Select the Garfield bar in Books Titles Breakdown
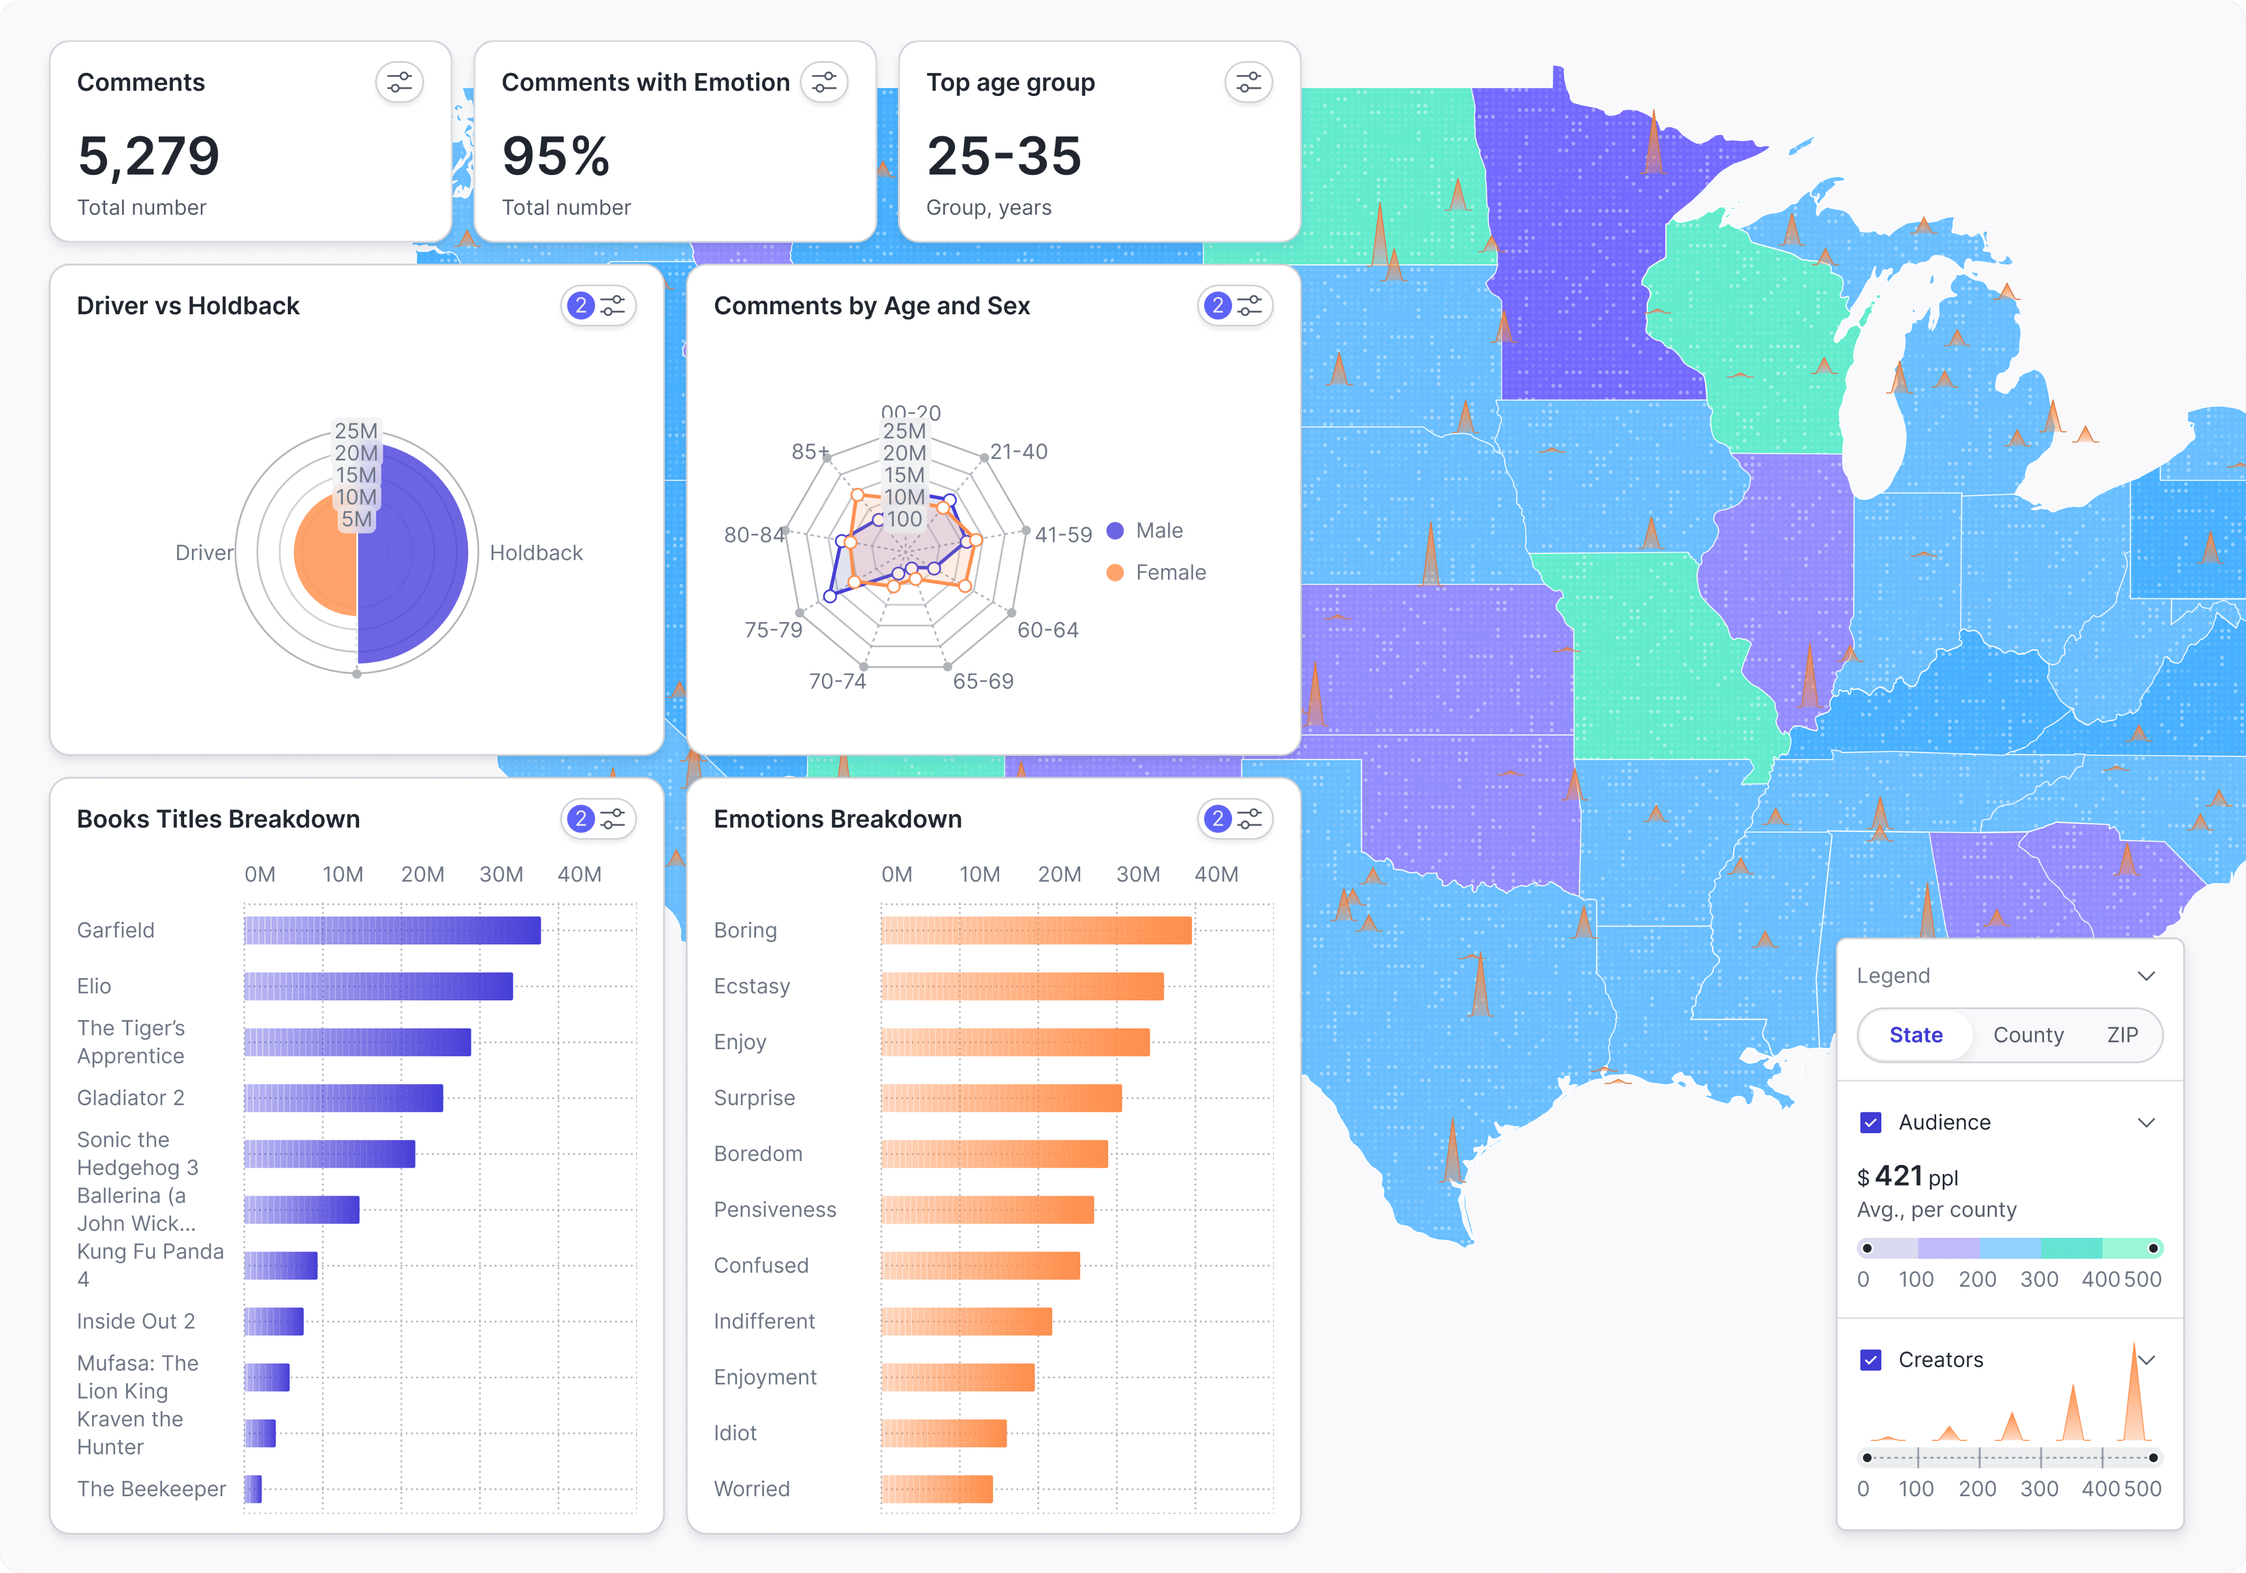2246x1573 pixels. (392, 930)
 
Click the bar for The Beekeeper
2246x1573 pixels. (252, 1489)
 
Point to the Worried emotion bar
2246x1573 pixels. (936, 1489)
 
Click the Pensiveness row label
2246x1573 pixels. (775, 1210)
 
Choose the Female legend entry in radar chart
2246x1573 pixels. (1169, 572)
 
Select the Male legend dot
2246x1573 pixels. (1114, 531)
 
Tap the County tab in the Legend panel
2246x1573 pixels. (2028, 1035)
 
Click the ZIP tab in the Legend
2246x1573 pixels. (2122, 1035)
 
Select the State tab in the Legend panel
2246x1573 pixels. (1915, 1035)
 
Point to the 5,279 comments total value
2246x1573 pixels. (149, 156)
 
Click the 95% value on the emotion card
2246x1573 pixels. (555, 156)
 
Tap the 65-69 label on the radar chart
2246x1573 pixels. (983, 681)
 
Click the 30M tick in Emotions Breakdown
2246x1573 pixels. (1138, 875)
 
